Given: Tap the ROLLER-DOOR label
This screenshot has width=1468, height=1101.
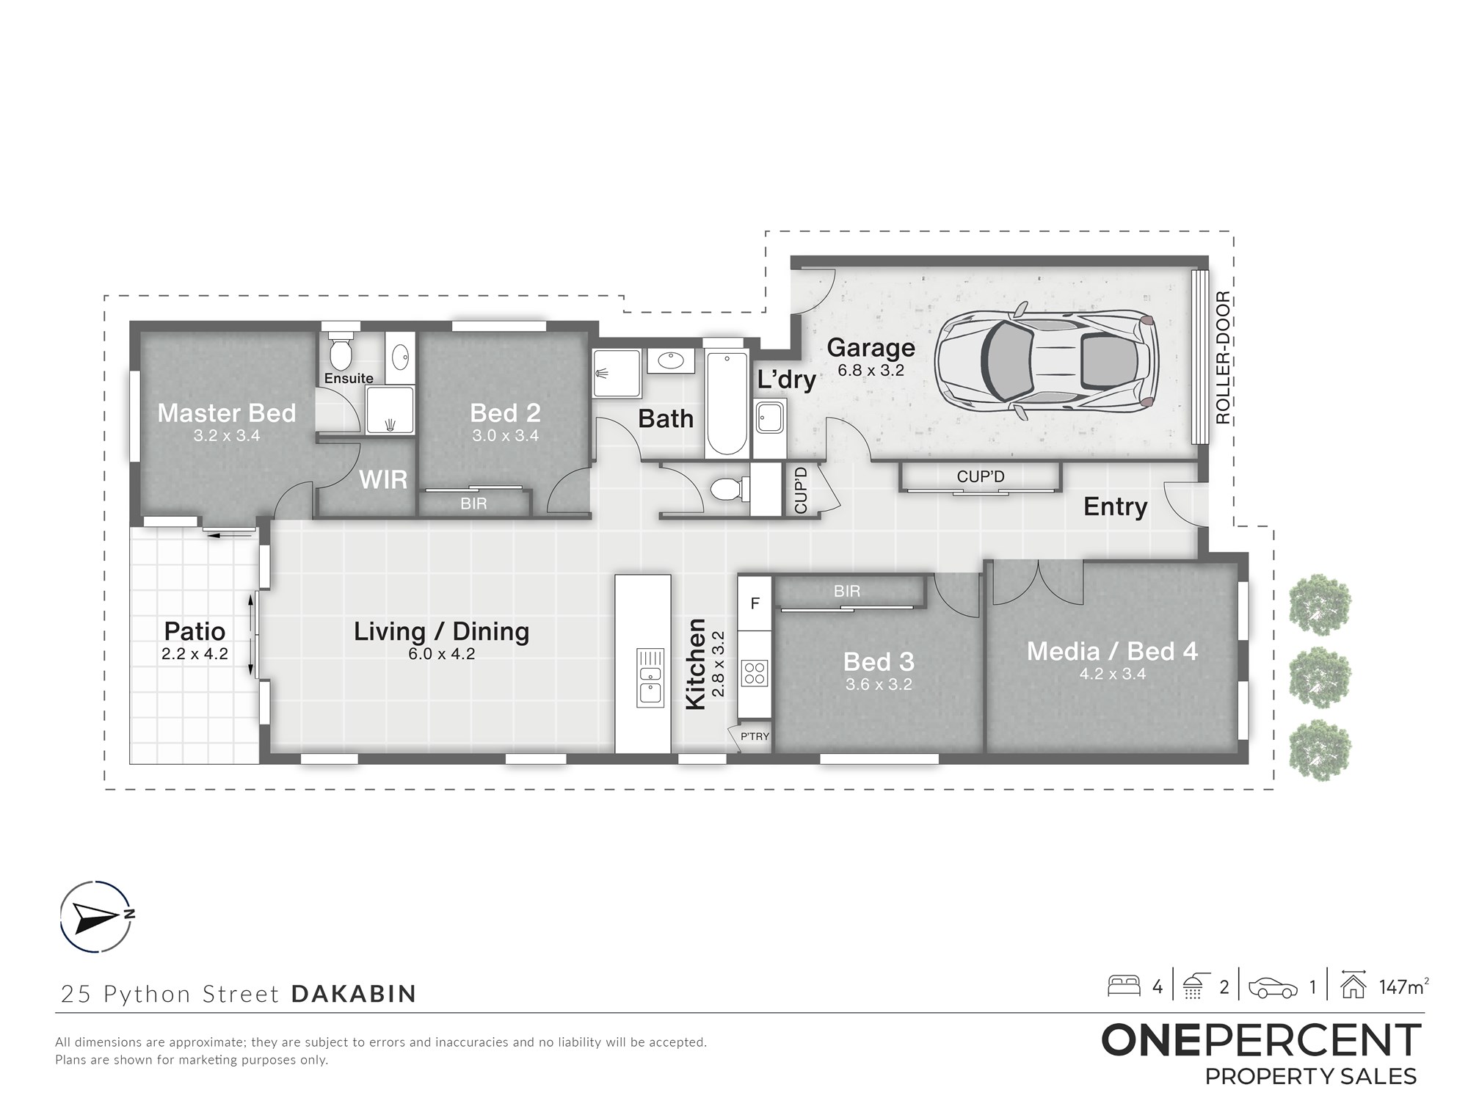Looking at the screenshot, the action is pos(1222,357).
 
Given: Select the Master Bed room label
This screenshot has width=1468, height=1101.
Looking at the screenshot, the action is pos(227,413).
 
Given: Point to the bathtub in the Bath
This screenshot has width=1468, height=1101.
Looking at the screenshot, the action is pos(727,402).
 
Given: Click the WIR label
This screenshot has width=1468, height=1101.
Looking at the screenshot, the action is pos(383,480).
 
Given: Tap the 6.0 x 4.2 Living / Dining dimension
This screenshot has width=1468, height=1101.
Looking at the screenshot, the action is pos(442,654).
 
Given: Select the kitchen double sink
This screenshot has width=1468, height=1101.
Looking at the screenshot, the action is pos(650,677).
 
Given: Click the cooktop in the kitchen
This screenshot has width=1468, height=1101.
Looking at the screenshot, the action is pos(755,672).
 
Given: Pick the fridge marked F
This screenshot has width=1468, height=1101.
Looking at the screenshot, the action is pos(755,603).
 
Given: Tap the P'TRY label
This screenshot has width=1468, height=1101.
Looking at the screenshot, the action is pos(755,736).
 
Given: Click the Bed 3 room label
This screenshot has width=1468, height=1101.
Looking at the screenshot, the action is pos(879,662).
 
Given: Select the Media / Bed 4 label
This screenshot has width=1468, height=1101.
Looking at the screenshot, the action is pos(1112,651).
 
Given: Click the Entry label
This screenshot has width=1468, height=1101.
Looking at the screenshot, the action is pos(1116,506).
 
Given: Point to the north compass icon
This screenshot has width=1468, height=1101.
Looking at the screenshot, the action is pos(96,916).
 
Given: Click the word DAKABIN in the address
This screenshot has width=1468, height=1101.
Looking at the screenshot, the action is pos(354,994).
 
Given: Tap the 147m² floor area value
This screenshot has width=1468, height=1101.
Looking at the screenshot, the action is pos(1403,986).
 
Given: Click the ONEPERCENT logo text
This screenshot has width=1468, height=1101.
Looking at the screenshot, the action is pos(1262,1041).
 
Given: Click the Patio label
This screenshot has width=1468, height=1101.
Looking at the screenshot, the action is pos(195,631).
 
